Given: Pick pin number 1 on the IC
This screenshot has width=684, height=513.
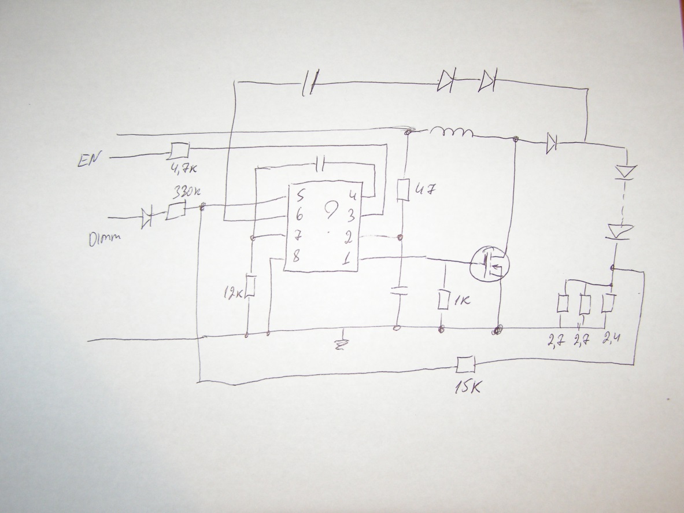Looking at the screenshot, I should (346, 260).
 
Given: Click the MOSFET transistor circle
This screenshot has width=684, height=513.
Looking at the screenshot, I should (489, 266).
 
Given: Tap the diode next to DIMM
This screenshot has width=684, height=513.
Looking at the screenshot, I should (147, 218).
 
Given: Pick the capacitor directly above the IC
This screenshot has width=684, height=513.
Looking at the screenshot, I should (322, 166).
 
